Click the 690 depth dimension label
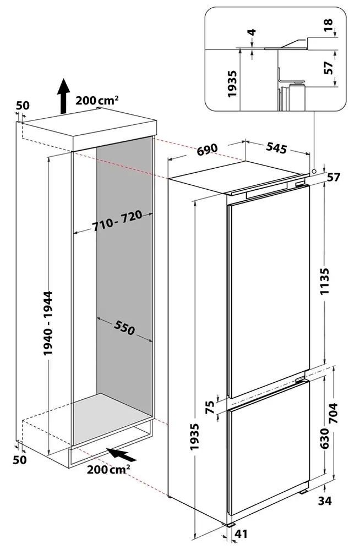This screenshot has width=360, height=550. coord(207,150)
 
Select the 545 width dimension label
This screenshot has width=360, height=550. coord(276,147)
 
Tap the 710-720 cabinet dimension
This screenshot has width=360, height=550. coord(117,221)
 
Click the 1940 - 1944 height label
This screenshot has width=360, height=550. coord(48,323)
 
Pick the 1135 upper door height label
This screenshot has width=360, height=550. coord(325,281)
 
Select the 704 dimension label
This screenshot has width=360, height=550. coord(333,413)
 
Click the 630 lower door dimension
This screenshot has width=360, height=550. coord(325,438)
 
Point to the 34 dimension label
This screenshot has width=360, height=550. coord(325,501)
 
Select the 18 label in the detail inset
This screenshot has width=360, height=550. coord(329,26)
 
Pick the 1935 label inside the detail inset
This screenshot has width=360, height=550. coord(232,84)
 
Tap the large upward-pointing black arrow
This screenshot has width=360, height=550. coord(63,96)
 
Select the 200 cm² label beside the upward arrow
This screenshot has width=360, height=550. coord(97,100)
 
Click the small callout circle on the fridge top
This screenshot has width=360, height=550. coord(314,170)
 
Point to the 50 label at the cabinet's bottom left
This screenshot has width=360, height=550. coord(20,460)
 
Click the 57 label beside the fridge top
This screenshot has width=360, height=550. coord(334,177)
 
